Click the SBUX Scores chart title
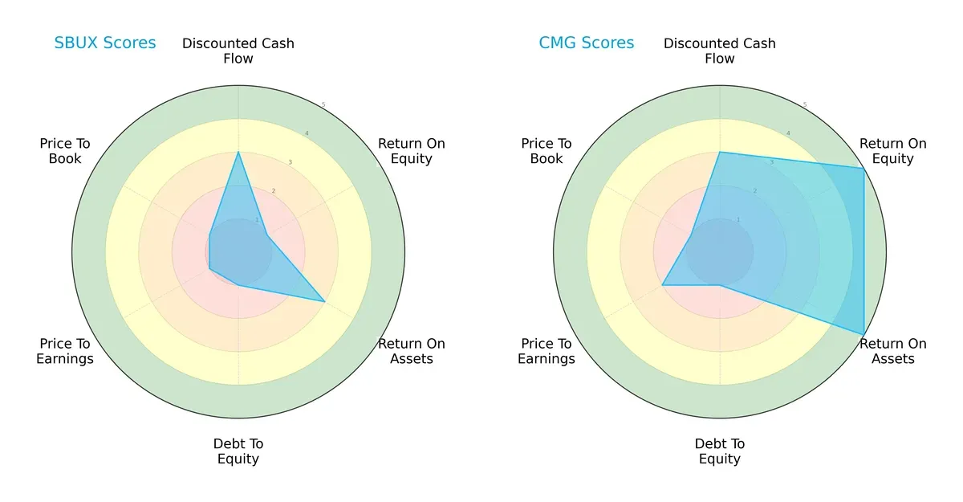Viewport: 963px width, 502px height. pyautogui.click(x=104, y=43)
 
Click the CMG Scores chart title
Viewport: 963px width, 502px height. pyautogui.click(x=586, y=43)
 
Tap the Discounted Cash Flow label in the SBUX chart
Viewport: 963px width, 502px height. pyautogui.click(x=238, y=51)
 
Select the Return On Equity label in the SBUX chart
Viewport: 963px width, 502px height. pyautogui.click(x=412, y=151)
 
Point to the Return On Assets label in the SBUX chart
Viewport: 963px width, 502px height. pyautogui.click(x=412, y=351)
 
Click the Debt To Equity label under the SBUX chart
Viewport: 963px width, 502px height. pyautogui.click(x=238, y=451)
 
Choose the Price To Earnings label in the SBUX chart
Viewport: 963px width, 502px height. pyautogui.click(x=65, y=351)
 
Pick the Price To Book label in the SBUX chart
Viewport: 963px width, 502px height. pyautogui.click(x=65, y=151)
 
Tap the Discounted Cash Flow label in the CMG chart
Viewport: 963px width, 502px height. pyautogui.click(x=720, y=51)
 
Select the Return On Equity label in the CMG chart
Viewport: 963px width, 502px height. pyautogui.click(x=893, y=151)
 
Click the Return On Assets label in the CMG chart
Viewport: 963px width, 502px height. pyautogui.click(x=893, y=351)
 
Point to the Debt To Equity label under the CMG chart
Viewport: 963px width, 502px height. pyautogui.click(x=720, y=451)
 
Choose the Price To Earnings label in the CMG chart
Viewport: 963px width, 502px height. pyautogui.click(x=547, y=351)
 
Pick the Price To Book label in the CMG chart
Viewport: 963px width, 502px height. pyautogui.click(x=547, y=151)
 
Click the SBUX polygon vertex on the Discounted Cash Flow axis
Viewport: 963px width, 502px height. pyautogui.click(x=238, y=152)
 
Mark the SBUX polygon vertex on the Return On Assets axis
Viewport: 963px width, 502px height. pyautogui.click(x=324, y=301)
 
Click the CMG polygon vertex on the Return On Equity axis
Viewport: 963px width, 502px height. pyautogui.click(x=863, y=168)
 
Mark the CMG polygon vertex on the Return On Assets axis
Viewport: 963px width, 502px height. pyautogui.click(x=863, y=334)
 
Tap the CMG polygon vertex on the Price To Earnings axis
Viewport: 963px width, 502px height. pyautogui.click(x=662, y=284)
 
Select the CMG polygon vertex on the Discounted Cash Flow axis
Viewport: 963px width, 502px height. pyautogui.click(x=720, y=152)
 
